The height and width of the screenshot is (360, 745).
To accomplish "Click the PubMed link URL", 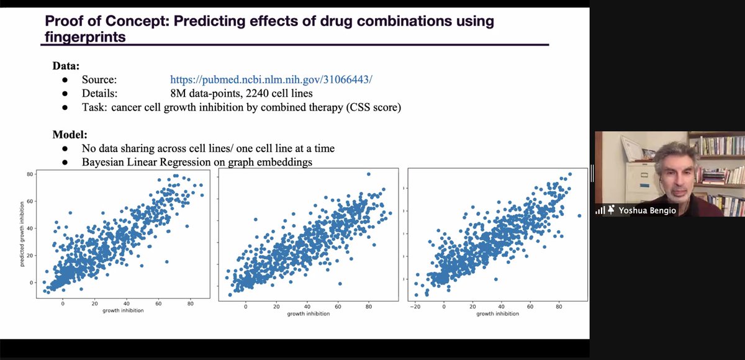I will tap(271, 80).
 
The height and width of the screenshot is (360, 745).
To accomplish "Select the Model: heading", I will tap(70, 134).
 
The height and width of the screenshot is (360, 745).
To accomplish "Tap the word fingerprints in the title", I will tap(84, 37).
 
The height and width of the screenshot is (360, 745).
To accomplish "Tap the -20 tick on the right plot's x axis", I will tap(415, 307).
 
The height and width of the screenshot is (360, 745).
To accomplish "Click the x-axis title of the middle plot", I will tap(308, 314).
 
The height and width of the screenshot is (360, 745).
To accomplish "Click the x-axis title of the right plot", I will tap(498, 314).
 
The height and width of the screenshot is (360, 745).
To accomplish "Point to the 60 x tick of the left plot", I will tap(158, 304).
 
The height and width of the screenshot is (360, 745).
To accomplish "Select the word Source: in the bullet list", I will tap(99, 80).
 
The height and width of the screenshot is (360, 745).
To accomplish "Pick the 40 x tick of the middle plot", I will tap(308, 307).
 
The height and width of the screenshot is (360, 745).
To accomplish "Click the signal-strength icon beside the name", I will tap(600, 210).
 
